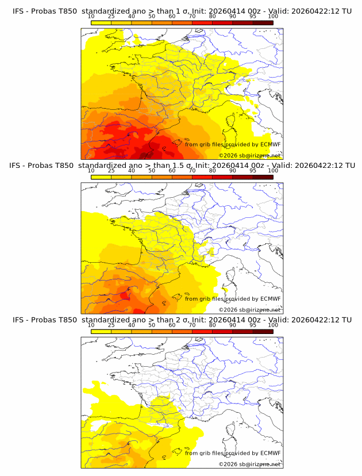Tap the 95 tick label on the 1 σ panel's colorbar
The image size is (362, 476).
tap(253, 16)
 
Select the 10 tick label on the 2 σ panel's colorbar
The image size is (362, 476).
tap(91, 325)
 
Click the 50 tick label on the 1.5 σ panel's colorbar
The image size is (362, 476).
tap(152, 171)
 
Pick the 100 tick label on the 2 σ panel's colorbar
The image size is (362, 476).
tap(273, 325)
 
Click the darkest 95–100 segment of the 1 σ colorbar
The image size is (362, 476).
tap(263, 22)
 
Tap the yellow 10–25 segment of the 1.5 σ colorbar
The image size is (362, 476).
tap(101, 177)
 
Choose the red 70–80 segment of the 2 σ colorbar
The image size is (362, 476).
tap(202, 332)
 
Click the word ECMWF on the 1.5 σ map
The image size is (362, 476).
tap(270, 299)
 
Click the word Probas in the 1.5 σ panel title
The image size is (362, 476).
tap(43, 165)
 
